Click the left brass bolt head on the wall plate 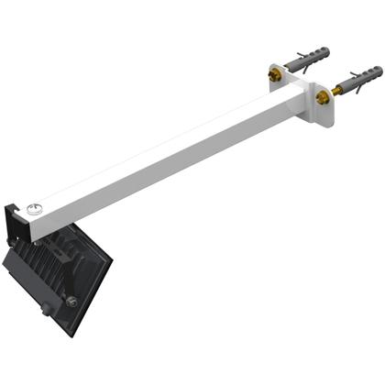[x=275, y=73]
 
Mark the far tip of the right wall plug [x=379, y=70]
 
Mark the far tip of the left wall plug [x=328, y=49]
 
